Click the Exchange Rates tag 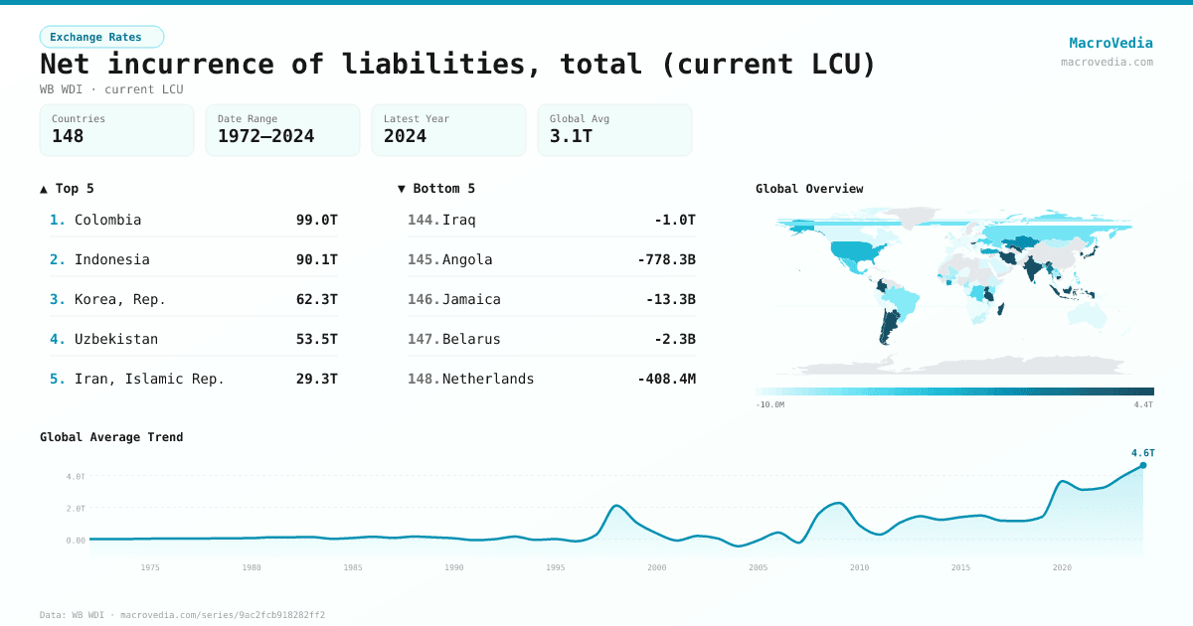(101, 37)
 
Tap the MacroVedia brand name (1110, 43)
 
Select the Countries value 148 (68, 136)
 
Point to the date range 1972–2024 (265, 136)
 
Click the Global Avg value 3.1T (571, 136)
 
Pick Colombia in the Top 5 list (107, 220)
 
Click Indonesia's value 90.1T (316, 259)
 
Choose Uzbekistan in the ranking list (115, 339)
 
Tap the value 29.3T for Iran (316, 379)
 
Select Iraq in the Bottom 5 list (458, 220)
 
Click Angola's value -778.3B (666, 259)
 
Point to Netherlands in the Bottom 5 (487, 379)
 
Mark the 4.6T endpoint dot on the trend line (1142, 465)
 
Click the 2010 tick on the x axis (859, 567)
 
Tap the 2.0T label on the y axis (76, 508)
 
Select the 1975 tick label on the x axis (150, 567)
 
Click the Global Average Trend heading (111, 437)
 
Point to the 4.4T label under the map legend (1143, 404)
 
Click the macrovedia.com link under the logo (1107, 62)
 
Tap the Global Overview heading (808, 189)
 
